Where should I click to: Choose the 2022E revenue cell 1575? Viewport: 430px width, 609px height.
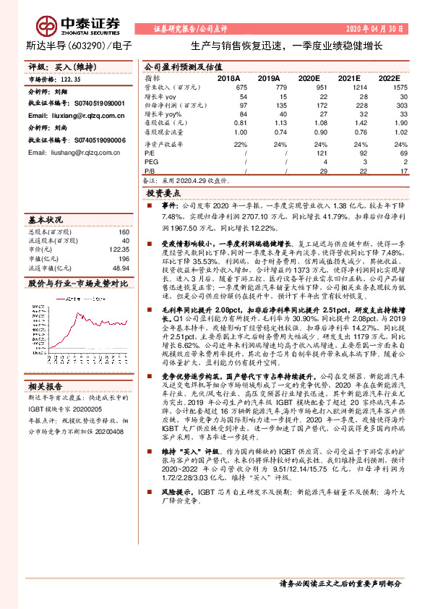(x=389, y=86)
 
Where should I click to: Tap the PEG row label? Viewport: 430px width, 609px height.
(x=152, y=162)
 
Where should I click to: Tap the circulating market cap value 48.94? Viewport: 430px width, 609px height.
(x=120, y=268)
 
